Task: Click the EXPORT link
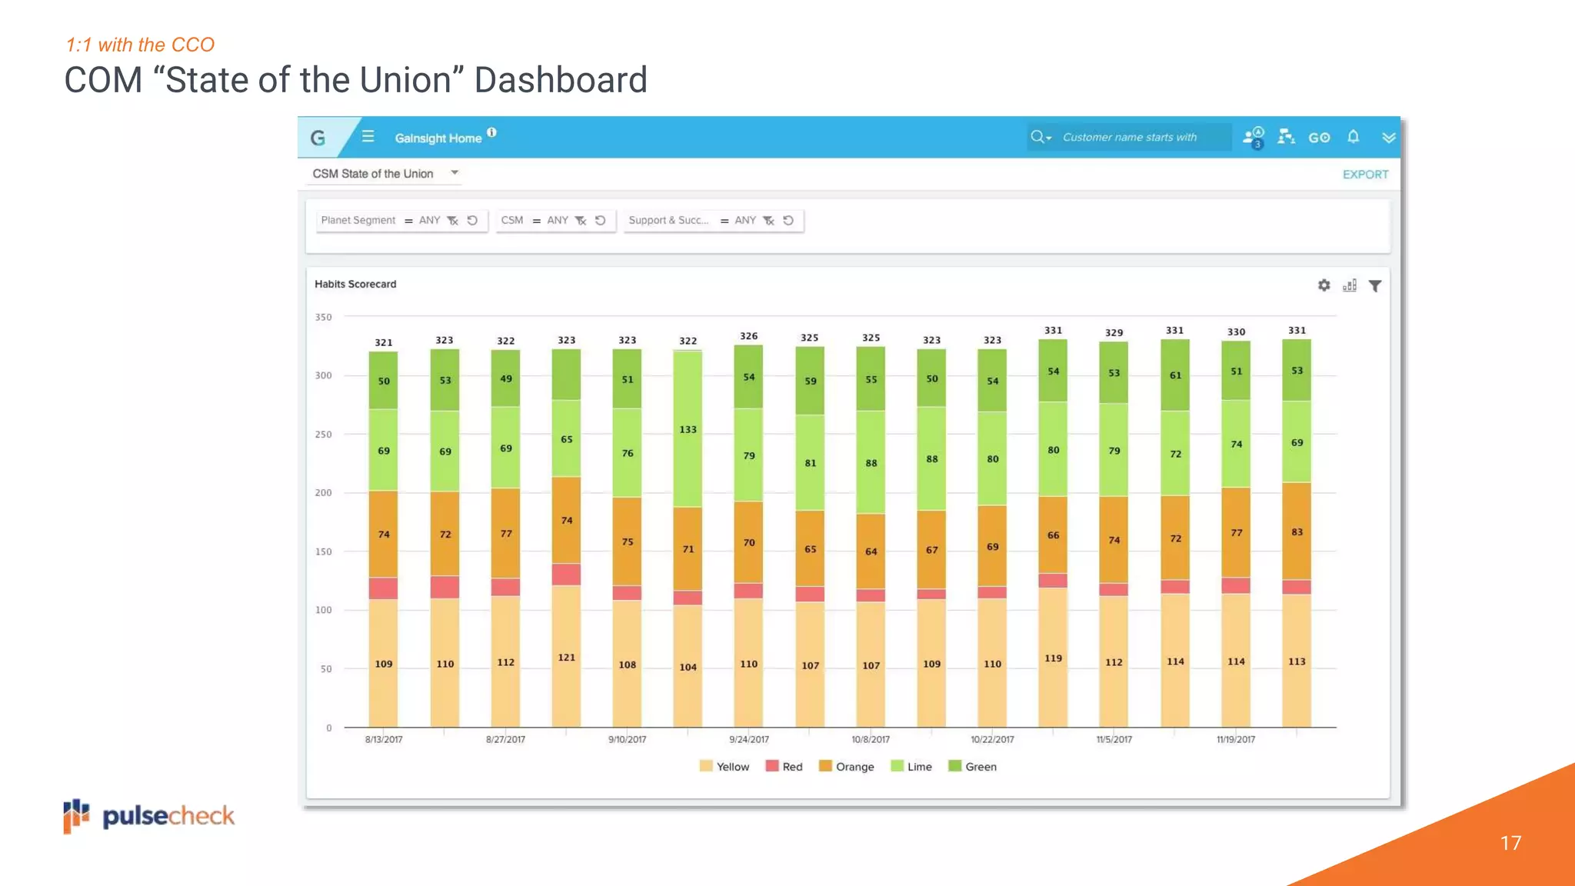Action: pos(1365,175)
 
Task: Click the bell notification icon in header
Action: pos(1354,137)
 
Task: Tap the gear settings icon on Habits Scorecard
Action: pos(1324,285)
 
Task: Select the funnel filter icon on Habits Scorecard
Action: pos(1375,286)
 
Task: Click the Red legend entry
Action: pos(784,767)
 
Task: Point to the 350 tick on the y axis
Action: pos(323,317)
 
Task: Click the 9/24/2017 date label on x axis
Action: pos(749,740)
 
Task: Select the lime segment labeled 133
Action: pos(688,429)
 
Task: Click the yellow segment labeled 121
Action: pos(566,658)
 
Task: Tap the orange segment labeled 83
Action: pos(1297,531)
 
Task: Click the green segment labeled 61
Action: pos(1175,375)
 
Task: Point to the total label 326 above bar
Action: pos(748,336)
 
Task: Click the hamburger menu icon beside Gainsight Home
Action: pos(368,137)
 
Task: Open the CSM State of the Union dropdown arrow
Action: pos(455,173)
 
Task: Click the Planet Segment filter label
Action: pos(358,221)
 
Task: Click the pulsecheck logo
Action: pos(149,816)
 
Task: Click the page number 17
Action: pos(1510,843)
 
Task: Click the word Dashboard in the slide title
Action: pos(561,80)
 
